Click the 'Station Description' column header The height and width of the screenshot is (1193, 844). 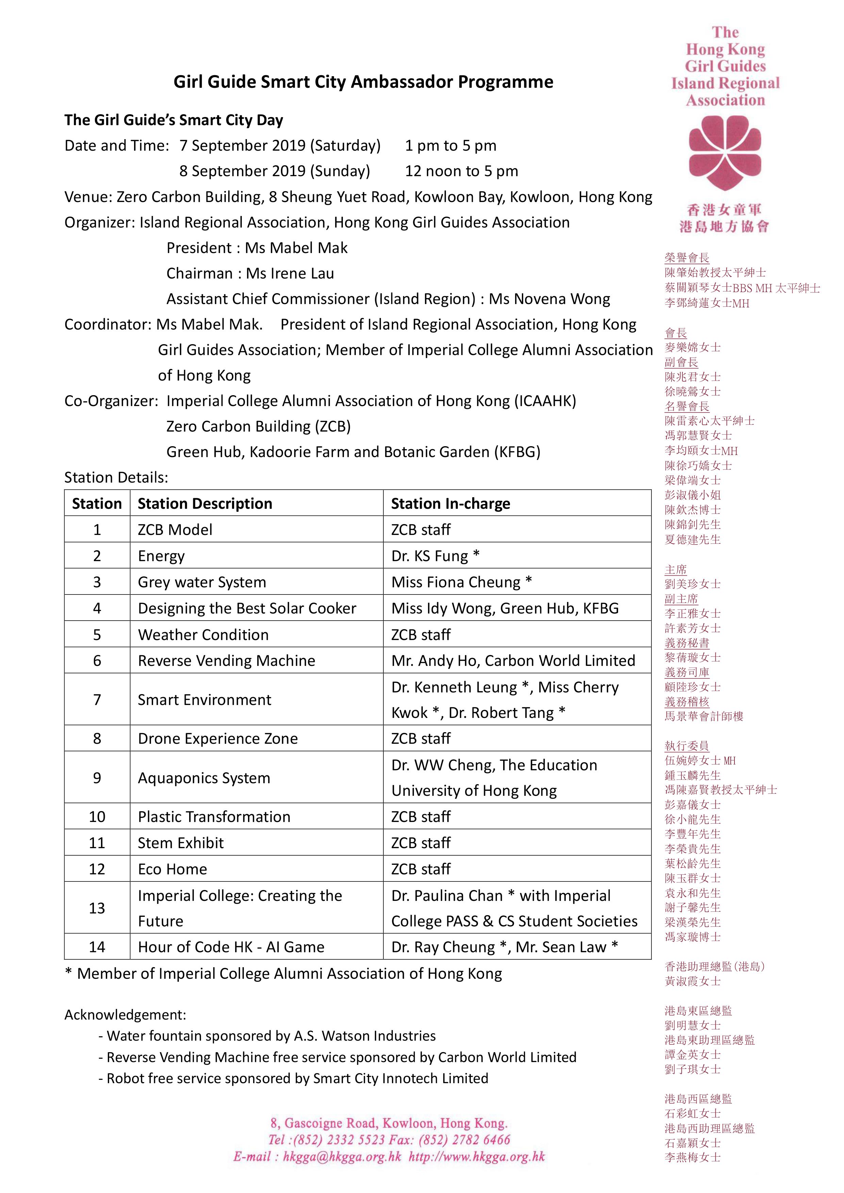tap(205, 504)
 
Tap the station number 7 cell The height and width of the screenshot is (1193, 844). tap(97, 700)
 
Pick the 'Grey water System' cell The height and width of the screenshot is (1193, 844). tap(202, 582)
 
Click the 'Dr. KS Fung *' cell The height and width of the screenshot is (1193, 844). tap(435, 556)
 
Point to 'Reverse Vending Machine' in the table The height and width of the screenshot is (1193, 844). tap(226, 660)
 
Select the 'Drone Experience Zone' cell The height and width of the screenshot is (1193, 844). tap(218, 738)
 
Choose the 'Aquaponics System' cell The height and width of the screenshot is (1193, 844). tap(204, 778)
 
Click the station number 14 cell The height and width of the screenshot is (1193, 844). tap(97, 947)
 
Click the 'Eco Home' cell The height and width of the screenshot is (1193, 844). tap(172, 869)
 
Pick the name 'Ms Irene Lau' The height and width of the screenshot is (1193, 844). tap(290, 273)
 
